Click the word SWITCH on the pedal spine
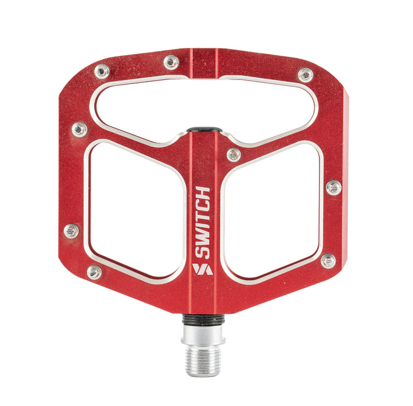tap(203, 223)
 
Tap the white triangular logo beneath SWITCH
tap(203, 269)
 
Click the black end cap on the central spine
tap(204, 130)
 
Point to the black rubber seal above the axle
tap(203, 319)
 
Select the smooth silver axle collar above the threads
tap(203, 335)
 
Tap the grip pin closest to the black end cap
tap(234, 155)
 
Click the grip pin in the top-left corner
tap(102, 71)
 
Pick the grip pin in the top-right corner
tap(306, 75)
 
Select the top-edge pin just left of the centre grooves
tap(171, 62)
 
